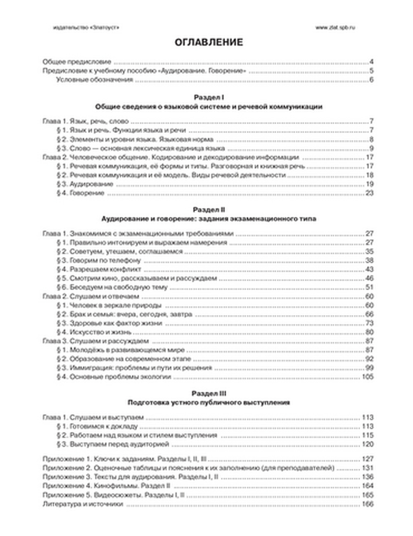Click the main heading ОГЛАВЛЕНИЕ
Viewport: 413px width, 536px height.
(209, 42)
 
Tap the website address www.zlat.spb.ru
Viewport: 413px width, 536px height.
(335, 27)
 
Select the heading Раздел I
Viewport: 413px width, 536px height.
(209, 98)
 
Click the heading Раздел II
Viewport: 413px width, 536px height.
(209, 210)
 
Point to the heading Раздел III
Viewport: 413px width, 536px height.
(209, 393)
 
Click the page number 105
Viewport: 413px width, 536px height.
(367, 377)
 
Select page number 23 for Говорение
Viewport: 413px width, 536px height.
(369, 193)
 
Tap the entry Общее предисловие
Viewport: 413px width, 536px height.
(77, 62)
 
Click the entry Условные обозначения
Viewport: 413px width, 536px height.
(95, 80)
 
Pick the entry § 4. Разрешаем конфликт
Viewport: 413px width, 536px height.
(99, 269)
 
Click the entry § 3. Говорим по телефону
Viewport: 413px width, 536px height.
(99, 261)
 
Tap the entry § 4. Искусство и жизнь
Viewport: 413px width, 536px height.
(94, 332)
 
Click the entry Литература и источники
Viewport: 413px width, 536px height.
(83, 504)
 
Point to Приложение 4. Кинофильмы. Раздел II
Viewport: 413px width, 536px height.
(106, 486)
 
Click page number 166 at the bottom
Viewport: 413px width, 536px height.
(367, 504)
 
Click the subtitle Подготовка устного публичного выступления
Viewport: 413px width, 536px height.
(209, 402)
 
